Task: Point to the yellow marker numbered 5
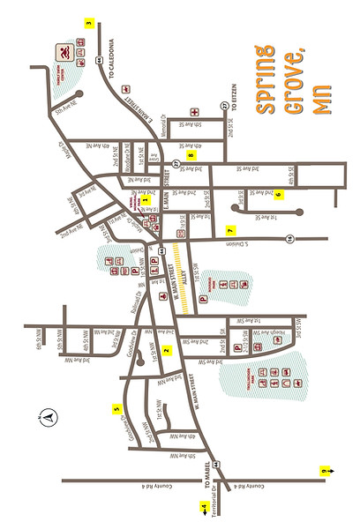pos(116,408)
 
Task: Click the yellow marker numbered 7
pos(229,231)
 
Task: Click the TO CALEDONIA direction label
pos(112,60)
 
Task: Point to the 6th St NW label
pos(40,335)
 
